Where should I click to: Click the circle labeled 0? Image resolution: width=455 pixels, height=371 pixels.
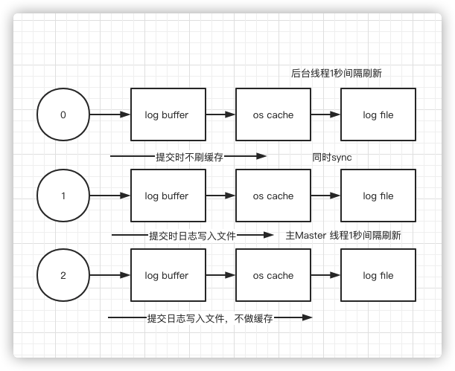[63, 115]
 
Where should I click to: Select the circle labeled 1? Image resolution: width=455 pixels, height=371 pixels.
[63, 196]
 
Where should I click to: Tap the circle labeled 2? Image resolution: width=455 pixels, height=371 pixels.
[63, 276]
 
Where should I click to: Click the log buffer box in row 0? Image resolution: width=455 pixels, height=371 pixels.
[168, 115]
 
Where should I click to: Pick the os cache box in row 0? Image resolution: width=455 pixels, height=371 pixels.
[273, 115]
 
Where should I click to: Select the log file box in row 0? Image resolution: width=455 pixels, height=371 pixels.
[378, 115]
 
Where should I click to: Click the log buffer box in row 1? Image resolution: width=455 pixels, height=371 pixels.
[168, 196]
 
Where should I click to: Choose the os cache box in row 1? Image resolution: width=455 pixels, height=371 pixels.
[273, 196]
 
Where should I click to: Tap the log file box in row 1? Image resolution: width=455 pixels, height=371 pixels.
[378, 196]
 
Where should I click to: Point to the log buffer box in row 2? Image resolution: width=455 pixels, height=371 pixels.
[168, 276]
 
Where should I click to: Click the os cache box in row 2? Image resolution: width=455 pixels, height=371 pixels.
[273, 276]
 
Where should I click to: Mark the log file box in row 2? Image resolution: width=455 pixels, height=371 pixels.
[378, 276]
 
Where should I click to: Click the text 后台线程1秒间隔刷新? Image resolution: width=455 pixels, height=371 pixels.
[337, 74]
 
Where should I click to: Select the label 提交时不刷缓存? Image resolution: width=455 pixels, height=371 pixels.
[189, 157]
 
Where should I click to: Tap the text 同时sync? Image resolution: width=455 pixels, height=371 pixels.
[331, 158]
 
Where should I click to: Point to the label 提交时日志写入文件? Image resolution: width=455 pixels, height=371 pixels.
[192, 236]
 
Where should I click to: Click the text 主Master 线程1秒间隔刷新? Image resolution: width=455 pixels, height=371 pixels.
[343, 236]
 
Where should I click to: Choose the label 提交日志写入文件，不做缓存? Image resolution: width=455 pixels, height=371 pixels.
[210, 318]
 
